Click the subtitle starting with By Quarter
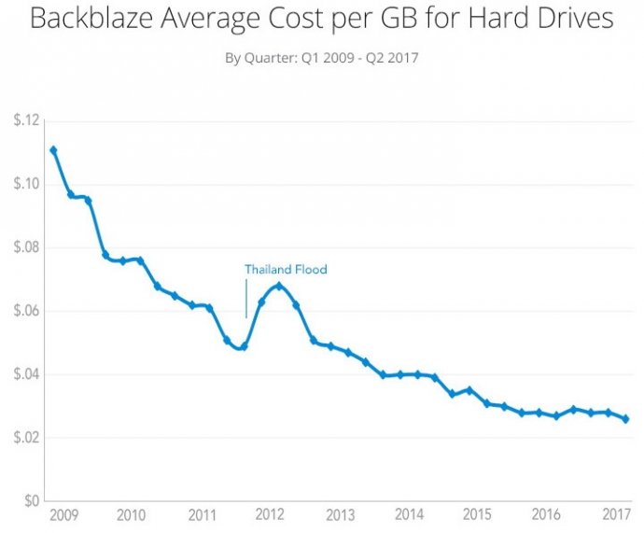[x=321, y=58]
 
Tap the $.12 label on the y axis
[x=24, y=121]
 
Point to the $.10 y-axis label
[x=24, y=185]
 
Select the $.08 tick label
[x=24, y=248]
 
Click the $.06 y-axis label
[x=24, y=311]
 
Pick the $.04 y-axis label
[x=24, y=374]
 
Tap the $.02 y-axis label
[x=24, y=438]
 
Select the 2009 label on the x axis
[x=63, y=515]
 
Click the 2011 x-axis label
[x=201, y=515]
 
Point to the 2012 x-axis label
[x=270, y=515]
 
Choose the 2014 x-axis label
[x=409, y=515]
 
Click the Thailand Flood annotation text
[x=286, y=270]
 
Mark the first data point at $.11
[x=53, y=150]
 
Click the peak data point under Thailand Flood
[x=278, y=286]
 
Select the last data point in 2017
[x=625, y=419]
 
